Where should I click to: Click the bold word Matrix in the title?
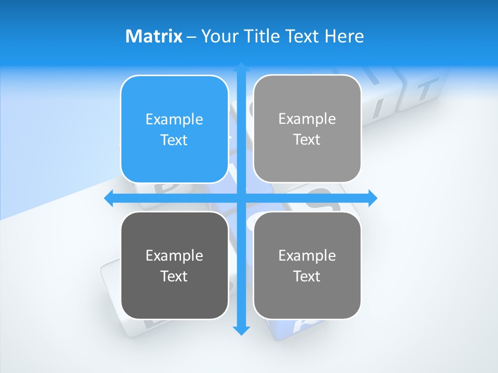(154, 36)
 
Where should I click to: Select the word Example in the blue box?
(174, 120)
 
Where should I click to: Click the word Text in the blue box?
(174, 140)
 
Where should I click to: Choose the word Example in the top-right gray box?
(307, 119)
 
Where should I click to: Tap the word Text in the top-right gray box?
(307, 140)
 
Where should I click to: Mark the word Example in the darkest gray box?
(174, 255)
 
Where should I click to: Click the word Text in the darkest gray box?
(174, 276)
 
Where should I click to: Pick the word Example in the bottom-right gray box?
(307, 255)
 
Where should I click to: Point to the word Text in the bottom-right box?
(307, 276)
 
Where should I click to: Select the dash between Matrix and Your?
(191, 37)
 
